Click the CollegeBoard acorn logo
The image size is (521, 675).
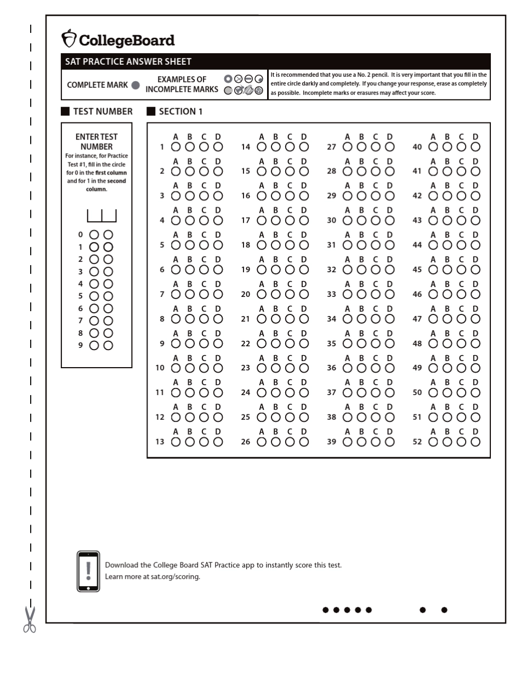69,40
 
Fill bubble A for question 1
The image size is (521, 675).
175,147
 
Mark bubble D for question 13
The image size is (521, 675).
218,442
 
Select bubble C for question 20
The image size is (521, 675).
289,294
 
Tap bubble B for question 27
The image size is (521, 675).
361,147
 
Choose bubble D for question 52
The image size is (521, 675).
475,442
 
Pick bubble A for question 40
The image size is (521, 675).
433,147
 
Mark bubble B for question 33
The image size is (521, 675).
361,294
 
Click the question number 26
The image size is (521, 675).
246,442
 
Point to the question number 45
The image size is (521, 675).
417,269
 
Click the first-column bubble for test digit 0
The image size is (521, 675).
94,234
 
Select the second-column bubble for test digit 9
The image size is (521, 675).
109,345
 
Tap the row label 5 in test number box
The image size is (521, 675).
80,296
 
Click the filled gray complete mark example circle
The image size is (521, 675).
135,85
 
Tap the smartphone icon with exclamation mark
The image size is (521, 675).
88,571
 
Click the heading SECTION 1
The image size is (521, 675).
180,111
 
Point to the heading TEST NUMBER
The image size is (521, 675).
103,111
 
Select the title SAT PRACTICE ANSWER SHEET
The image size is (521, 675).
128,62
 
